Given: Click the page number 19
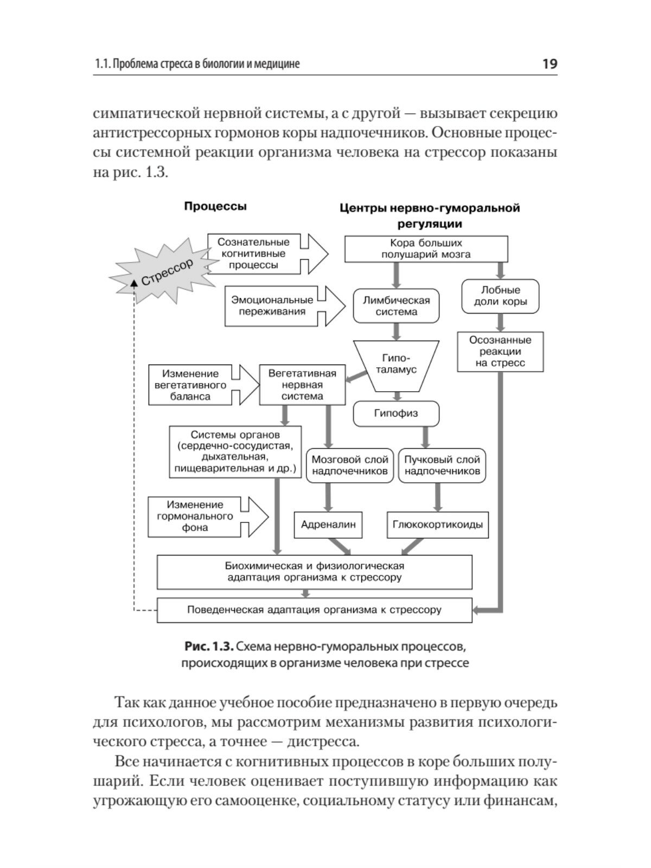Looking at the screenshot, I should (549, 64).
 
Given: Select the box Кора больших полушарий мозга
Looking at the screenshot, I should (426, 248).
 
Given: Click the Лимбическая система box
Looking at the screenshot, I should (397, 306).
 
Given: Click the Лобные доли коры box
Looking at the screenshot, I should (500, 296).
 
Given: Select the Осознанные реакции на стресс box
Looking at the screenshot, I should (500, 352).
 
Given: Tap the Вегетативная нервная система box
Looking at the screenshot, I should (302, 385).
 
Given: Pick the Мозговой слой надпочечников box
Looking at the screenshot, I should (350, 465).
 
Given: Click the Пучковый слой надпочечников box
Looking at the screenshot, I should (442, 465).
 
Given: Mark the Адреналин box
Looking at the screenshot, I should (328, 525).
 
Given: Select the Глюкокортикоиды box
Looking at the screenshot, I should (437, 525).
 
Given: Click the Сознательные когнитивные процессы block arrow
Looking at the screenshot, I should (266, 254).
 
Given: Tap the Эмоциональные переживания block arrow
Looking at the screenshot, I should (282, 306).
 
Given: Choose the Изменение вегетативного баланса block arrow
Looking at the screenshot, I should (201, 385).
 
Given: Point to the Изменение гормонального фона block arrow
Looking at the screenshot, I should (206, 516).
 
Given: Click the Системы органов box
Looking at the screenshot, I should (235, 451).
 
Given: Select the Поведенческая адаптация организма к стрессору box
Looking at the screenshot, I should (314, 610).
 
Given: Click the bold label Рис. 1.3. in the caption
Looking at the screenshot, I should (209, 647).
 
